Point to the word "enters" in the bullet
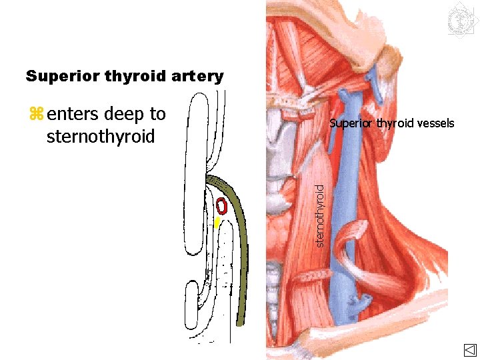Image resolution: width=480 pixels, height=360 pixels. click(73, 115)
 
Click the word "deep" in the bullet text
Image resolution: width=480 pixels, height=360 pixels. click(127, 115)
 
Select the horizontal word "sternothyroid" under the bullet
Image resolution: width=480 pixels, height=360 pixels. click(101, 137)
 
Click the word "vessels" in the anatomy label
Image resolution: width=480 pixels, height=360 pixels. click(435, 123)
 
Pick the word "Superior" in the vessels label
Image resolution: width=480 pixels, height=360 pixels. click(351, 123)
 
